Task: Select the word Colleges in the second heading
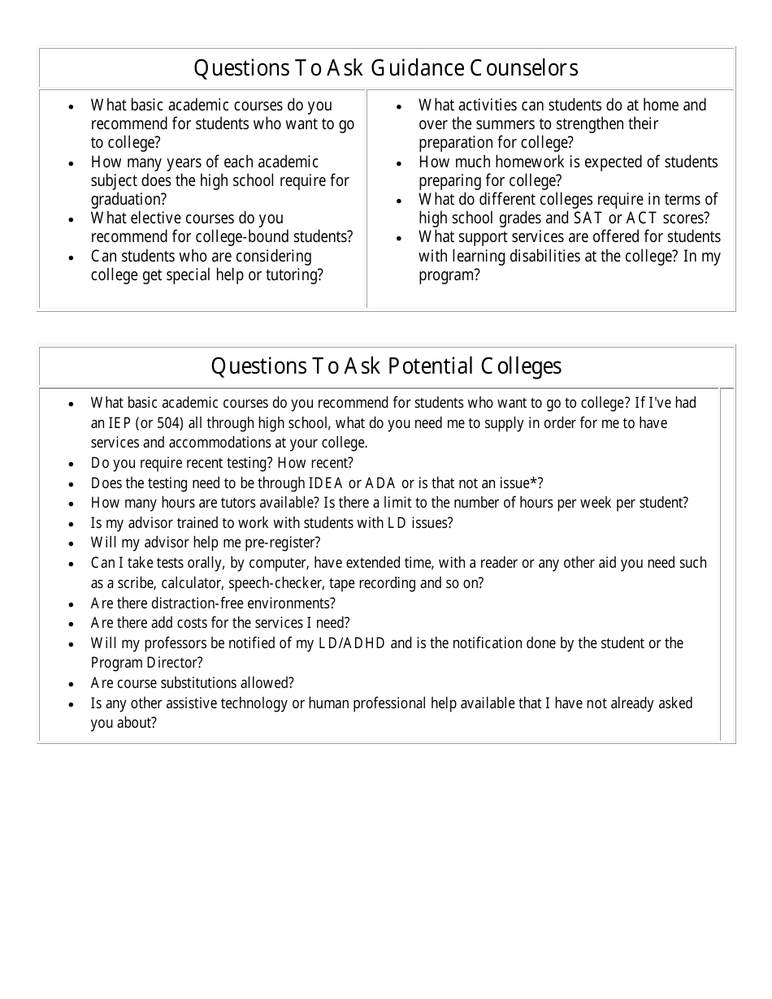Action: tap(521, 366)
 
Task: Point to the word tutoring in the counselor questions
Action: tap(295, 275)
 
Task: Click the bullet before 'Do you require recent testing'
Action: tap(72, 464)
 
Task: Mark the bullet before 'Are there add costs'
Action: tap(72, 624)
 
